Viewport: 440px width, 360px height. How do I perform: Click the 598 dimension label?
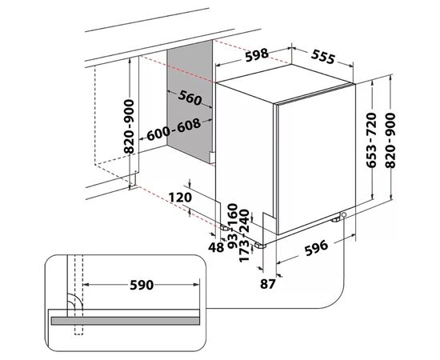click(x=257, y=55)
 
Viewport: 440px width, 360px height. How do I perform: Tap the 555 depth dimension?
click(x=323, y=57)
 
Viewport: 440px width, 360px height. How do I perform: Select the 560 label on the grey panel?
click(x=190, y=98)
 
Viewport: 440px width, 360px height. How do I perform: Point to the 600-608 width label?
click(x=174, y=130)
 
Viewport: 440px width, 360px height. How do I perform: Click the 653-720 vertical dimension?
click(x=371, y=140)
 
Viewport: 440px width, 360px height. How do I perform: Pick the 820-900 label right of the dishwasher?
click(x=390, y=141)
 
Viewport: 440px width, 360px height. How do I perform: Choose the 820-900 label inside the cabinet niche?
click(x=129, y=126)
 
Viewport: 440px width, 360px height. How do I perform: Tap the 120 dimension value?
click(x=180, y=198)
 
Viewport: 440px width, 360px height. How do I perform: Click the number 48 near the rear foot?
click(x=216, y=247)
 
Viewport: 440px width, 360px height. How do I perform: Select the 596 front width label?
click(x=316, y=247)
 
